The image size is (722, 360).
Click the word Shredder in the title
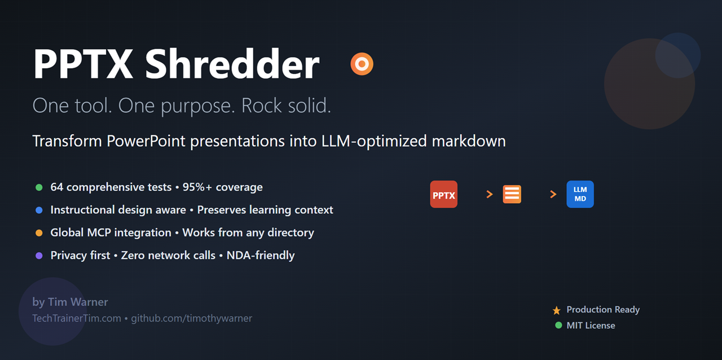(232, 64)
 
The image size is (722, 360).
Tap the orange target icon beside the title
(362, 64)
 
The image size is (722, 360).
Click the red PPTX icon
(443, 194)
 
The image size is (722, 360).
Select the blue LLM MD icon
(580, 194)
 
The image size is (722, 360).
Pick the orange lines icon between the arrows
(512, 194)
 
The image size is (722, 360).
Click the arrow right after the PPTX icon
(490, 194)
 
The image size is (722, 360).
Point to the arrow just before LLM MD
(553, 194)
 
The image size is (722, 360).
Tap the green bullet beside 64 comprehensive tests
(39, 187)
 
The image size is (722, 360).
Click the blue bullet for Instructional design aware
(39, 210)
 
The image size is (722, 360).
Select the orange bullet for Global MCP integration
(39, 233)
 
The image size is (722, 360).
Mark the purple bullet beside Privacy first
(39, 256)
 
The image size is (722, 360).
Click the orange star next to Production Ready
(557, 310)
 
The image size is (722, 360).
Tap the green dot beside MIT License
(558, 325)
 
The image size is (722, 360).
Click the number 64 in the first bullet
(57, 187)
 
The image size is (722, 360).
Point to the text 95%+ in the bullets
(197, 187)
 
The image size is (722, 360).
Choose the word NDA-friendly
(261, 255)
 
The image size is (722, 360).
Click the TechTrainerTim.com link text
(77, 318)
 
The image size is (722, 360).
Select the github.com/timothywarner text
(191, 318)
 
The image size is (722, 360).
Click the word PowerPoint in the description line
(146, 141)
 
